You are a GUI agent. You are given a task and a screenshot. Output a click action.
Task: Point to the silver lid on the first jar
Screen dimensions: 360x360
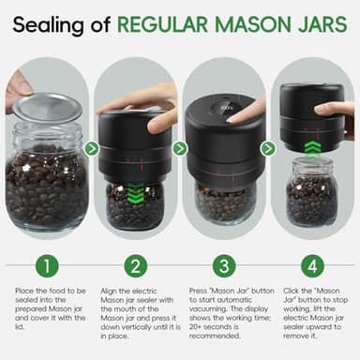48,107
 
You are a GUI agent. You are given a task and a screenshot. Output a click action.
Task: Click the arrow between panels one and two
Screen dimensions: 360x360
91,148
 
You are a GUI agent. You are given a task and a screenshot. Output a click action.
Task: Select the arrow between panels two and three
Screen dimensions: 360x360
180,148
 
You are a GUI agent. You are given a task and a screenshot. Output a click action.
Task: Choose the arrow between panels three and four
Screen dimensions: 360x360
268,148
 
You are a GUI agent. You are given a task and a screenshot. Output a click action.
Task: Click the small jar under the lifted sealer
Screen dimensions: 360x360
311,191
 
